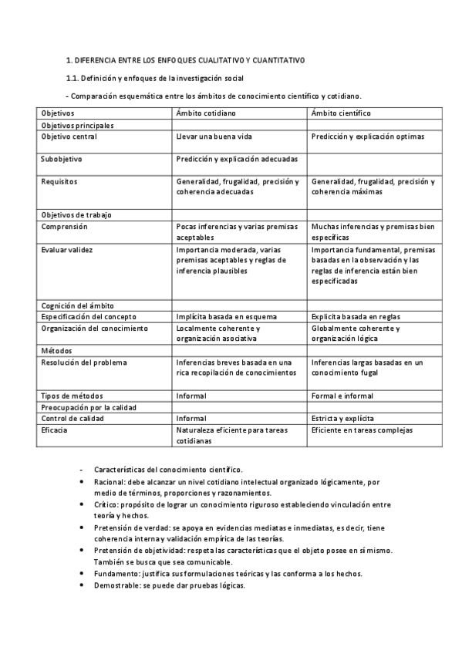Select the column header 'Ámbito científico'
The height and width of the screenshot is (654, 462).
(x=341, y=113)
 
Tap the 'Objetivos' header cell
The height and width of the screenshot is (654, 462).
(x=58, y=113)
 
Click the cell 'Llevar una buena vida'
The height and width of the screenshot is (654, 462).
(x=214, y=137)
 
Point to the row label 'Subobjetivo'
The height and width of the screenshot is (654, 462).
(x=62, y=159)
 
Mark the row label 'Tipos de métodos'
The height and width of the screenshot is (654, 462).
(x=72, y=396)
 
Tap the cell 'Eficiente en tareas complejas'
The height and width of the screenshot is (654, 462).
(x=363, y=430)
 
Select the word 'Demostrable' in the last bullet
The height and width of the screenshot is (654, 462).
(x=117, y=585)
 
